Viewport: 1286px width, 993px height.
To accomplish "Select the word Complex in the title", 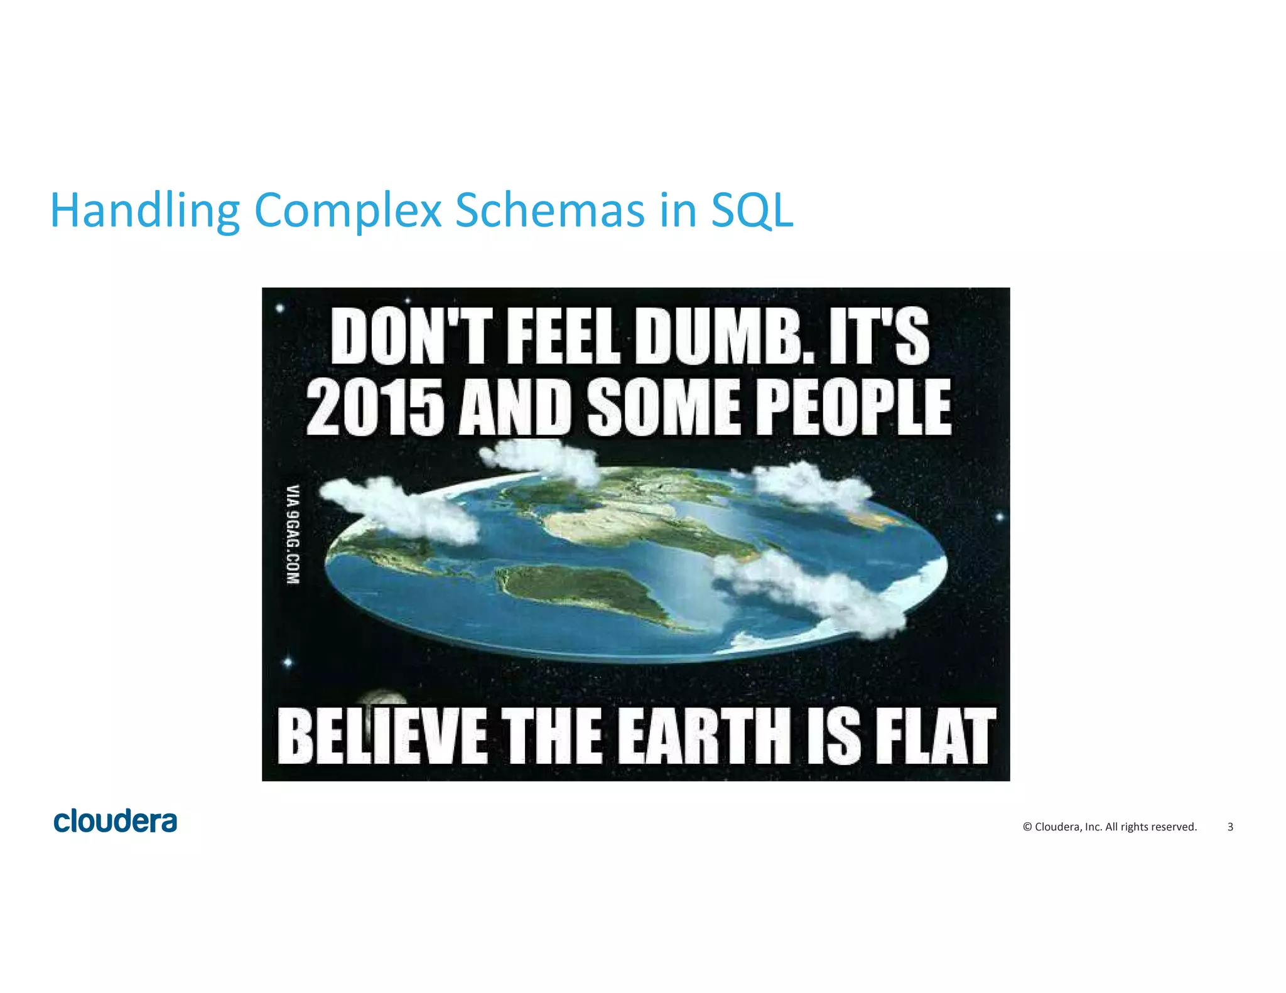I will tap(349, 210).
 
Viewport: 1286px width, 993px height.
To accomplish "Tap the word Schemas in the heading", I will tap(550, 210).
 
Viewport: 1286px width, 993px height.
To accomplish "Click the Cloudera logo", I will tap(116, 821).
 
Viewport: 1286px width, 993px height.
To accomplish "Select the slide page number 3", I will tap(1230, 827).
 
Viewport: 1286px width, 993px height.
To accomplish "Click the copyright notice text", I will tap(1110, 827).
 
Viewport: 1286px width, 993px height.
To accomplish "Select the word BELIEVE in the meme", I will tap(382, 735).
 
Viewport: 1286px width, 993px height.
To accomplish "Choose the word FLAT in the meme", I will tap(934, 735).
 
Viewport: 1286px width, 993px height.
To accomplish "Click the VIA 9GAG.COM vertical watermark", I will tap(293, 534).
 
